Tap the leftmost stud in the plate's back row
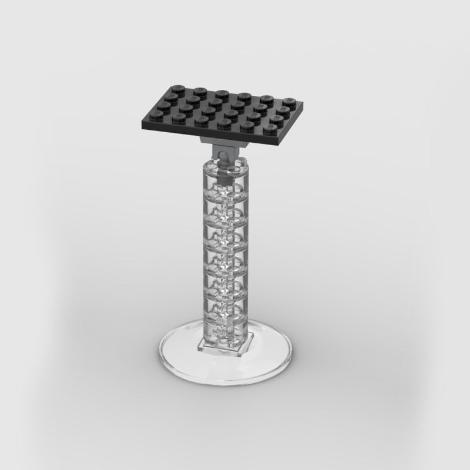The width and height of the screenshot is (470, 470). tap(176, 86)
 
